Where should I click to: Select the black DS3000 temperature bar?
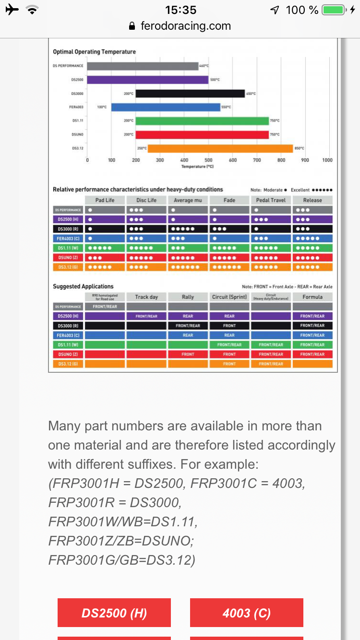(190, 94)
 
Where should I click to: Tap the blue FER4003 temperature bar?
(166, 107)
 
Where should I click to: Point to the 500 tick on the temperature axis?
(208, 160)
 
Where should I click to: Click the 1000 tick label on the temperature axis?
(327, 160)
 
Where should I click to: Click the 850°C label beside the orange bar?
(300, 148)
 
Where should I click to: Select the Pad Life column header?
(105, 200)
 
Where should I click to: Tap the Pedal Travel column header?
(271, 200)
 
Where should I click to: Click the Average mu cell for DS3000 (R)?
(188, 229)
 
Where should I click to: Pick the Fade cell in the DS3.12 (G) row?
(229, 267)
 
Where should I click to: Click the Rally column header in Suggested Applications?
(188, 297)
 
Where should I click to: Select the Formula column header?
(312, 297)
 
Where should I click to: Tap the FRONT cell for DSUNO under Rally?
(188, 355)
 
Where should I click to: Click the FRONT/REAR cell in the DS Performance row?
(105, 307)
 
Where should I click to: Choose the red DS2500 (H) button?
(114, 613)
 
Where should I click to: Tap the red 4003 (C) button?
(247, 613)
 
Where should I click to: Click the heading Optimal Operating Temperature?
(94, 52)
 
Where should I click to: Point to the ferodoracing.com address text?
(185, 26)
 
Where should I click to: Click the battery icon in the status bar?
(334, 10)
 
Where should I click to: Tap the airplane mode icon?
(12, 10)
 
